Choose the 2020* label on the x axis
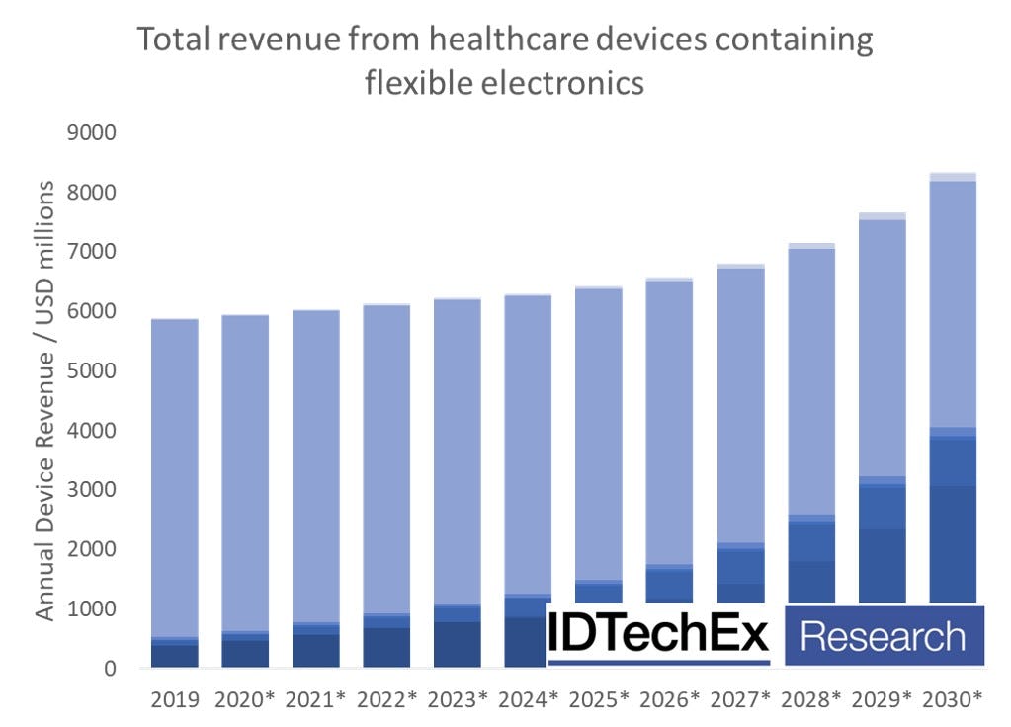pos(244,700)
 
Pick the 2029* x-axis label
pos(883,700)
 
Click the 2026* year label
pos(669,700)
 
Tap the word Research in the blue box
pos(883,636)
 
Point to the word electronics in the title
pos(565,83)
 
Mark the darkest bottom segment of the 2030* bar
pos(953,543)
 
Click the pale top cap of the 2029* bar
pos(883,216)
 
